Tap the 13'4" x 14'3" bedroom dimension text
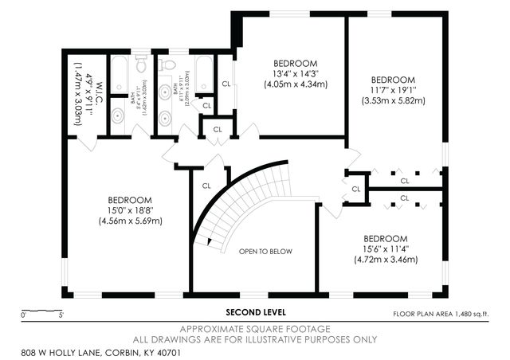296,73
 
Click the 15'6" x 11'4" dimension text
385,249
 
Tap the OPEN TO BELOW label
265,252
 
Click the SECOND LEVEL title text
255,312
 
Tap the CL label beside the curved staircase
206,186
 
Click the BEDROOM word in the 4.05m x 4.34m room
296,63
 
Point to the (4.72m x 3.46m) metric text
385,260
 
